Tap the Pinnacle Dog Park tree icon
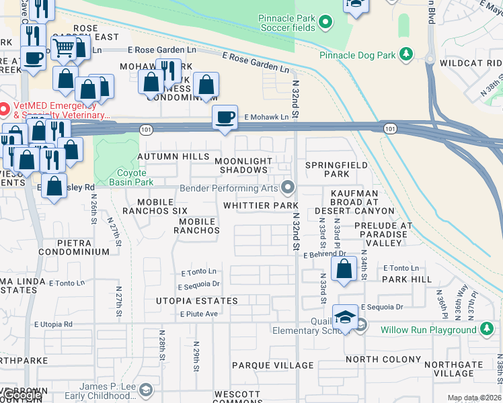[x=405, y=52]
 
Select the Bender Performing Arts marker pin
[x=288, y=187]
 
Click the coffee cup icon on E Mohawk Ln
[x=225, y=117]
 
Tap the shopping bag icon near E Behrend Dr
[x=344, y=269]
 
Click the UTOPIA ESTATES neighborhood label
[x=198, y=301]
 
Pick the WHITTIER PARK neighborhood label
[x=260, y=205]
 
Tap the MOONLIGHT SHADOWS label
[x=243, y=165]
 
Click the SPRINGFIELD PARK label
[x=336, y=169]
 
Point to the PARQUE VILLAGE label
[x=272, y=365]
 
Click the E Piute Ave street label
[x=199, y=314]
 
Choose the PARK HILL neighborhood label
[x=408, y=279]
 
